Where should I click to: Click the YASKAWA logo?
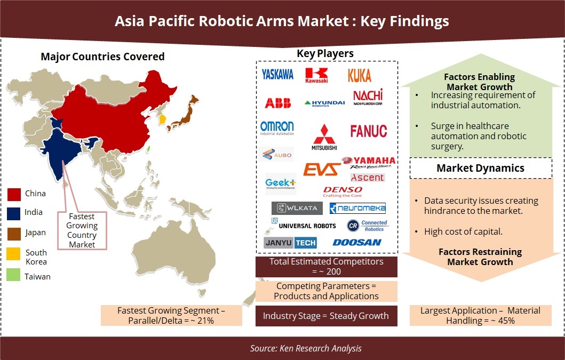pyautogui.click(x=277, y=75)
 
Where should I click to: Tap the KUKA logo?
pyautogui.click(x=360, y=75)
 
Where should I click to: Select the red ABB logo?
pyautogui.click(x=277, y=102)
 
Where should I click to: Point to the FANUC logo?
pyautogui.click(x=369, y=131)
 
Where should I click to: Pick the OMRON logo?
pyautogui.click(x=277, y=128)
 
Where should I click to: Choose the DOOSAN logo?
pyautogui.click(x=357, y=242)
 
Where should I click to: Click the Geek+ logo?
pyautogui.click(x=280, y=183)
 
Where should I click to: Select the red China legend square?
pyautogui.click(x=14, y=194)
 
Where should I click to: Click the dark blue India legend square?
pyautogui.click(x=14, y=213)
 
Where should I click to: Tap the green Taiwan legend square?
pyautogui.click(x=14, y=276)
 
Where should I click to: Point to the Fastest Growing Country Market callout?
pyautogui.click(x=82, y=230)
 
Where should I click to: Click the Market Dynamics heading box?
pyautogui.click(x=480, y=168)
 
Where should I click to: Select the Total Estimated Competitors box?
pyautogui.click(x=326, y=267)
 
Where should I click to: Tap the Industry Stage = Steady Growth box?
pyautogui.click(x=326, y=316)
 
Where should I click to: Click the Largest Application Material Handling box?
pyautogui.click(x=480, y=315)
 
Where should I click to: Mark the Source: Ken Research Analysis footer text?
pyautogui.click(x=306, y=348)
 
